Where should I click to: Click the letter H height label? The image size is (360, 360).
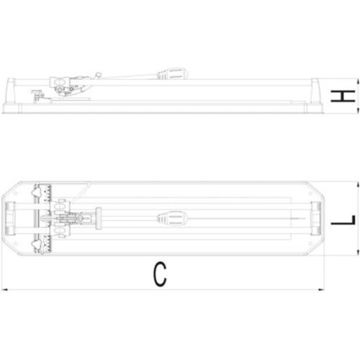tap(343, 96)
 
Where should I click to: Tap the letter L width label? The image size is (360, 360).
tap(343, 220)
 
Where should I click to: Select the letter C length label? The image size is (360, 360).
tap(160, 274)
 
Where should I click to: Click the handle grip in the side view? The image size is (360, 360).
tap(172, 73)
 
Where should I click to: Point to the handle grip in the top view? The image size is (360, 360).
tap(172, 219)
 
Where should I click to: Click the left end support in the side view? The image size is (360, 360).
tap(11, 91)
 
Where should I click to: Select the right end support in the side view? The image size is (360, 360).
tap(316, 91)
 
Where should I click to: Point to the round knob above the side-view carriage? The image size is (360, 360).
tap(98, 75)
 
